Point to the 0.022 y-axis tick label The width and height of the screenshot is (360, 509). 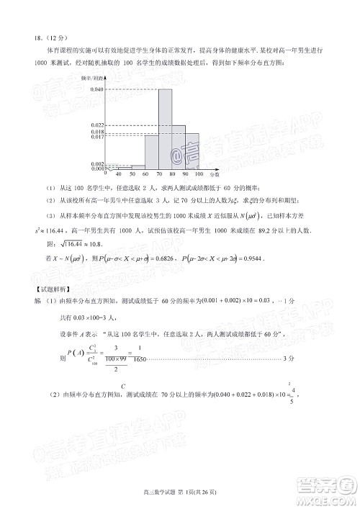(x=98, y=125)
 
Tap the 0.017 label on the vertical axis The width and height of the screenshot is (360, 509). (x=98, y=137)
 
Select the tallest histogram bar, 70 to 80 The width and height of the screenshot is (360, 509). (x=165, y=130)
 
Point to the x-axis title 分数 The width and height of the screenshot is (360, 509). (x=216, y=175)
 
